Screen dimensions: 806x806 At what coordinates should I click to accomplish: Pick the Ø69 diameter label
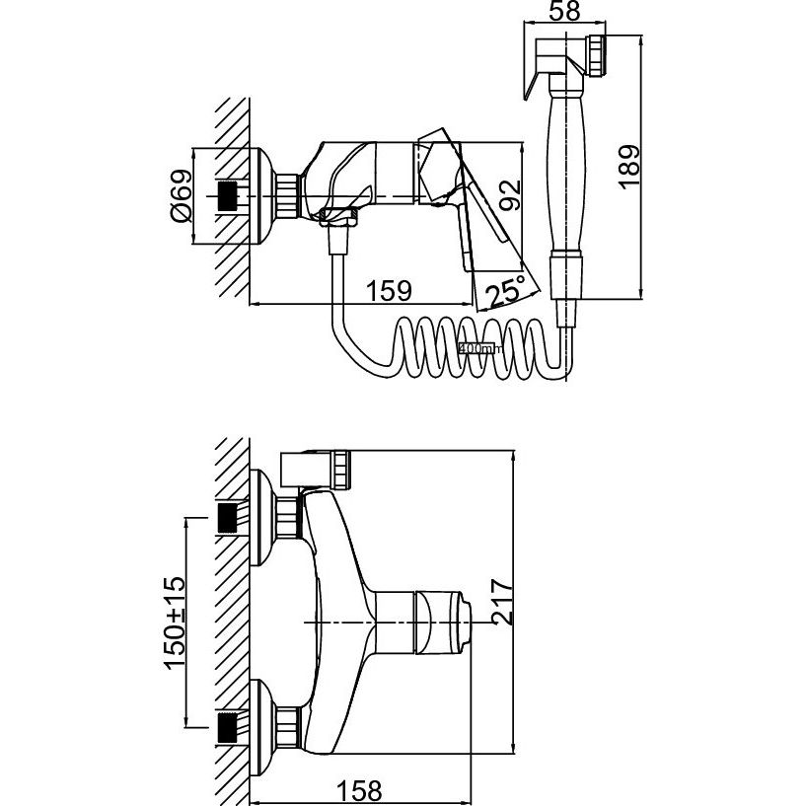tap(179, 194)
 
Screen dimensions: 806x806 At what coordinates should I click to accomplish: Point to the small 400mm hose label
tap(480, 347)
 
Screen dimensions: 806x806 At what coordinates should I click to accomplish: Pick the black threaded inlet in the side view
tap(229, 195)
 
